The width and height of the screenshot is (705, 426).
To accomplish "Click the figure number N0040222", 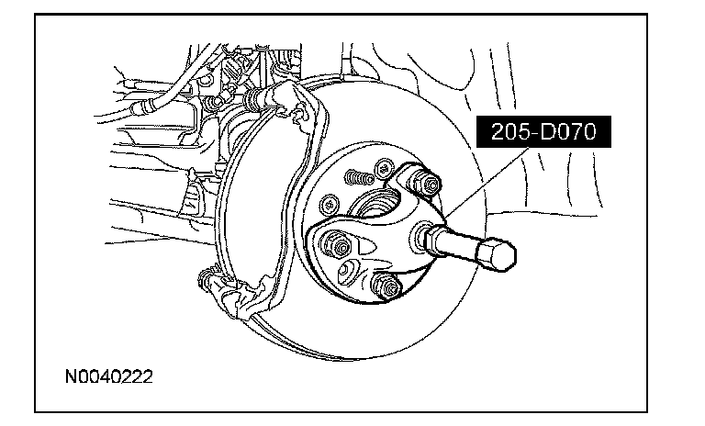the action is [108, 376].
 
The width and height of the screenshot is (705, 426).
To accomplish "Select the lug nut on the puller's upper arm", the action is [420, 181].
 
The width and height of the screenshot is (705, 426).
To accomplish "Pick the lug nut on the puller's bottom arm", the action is [390, 287].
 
